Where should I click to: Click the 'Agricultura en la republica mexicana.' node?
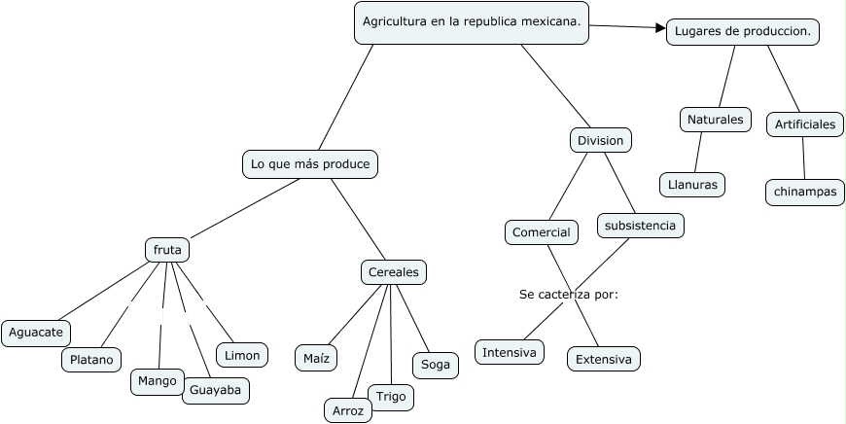(x=472, y=22)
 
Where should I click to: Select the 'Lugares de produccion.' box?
(x=743, y=32)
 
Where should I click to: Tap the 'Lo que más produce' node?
(x=310, y=164)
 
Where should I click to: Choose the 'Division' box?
(x=600, y=141)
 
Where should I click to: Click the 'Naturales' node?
(x=715, y=120)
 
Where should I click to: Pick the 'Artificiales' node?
(x=805, y=124)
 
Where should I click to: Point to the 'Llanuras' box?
(x=691, y=184)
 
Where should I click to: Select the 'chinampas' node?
(x=805, y=192)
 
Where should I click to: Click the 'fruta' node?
(x=167, y=250)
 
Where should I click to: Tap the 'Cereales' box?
(x=394, y=272)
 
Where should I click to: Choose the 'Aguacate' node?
(x=36, y=333)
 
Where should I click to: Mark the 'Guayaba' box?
(x=217, y=391)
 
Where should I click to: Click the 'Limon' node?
(x=242, y=356)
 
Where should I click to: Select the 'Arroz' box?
(x=348, y=411)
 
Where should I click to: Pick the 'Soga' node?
(x=436, y=365)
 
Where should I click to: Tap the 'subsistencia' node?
(x=640, y=226)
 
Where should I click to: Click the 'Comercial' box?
(x=542, y=232)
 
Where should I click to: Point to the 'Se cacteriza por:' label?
(x=569, y=294)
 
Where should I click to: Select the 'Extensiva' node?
(x=604, y=360)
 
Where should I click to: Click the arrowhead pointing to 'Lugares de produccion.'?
(x=660, y=28)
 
